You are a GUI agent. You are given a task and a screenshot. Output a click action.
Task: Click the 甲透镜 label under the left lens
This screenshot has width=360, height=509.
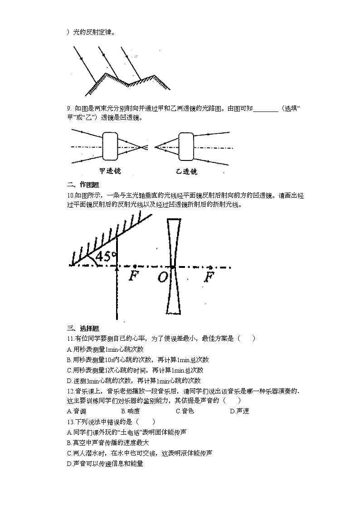point(110,172)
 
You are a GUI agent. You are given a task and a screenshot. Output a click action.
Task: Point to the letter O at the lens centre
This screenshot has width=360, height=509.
point(162,277)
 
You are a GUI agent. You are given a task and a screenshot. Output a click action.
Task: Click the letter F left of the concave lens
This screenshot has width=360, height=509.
point(134,276)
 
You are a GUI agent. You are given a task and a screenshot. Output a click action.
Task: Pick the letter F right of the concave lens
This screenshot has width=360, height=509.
point(209,276)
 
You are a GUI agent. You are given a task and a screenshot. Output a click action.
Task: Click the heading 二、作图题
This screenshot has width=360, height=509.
point(83,184)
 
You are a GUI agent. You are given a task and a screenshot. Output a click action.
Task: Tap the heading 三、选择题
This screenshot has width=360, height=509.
point(83,329)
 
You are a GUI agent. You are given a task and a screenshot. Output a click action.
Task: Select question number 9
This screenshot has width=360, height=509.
point(69,108)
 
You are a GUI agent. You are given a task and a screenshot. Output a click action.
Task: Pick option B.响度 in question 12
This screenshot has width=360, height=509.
point(131,411)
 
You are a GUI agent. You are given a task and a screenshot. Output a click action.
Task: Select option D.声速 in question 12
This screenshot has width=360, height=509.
point(239,411)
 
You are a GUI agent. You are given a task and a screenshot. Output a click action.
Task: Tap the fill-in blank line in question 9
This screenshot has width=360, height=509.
point(266,109)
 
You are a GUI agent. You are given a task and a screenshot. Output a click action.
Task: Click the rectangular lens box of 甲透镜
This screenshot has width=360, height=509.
point(110,146)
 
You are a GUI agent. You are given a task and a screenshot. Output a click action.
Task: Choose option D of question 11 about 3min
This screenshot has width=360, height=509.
point(133,381)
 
